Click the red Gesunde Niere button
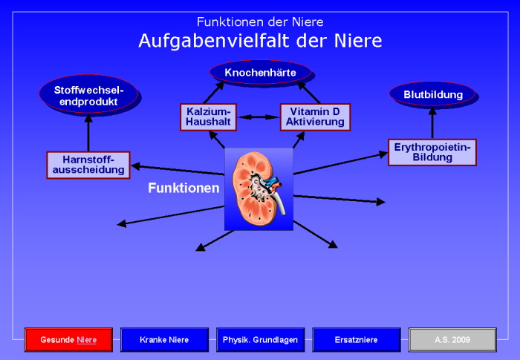click(68, 339)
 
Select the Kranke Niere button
click(164, 339)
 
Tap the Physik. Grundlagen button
click(260, 339)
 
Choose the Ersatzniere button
click(357, 339)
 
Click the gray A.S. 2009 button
click(452, 339)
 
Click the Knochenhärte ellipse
click(260, 72)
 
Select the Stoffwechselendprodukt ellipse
click(88, 95)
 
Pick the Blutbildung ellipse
click(433, 94)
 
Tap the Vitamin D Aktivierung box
click(314, 117)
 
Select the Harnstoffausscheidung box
click(88, 165)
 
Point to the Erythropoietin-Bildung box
click(432, 151)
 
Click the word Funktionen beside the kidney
click(183, 189)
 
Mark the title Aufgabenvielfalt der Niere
click(260, 40)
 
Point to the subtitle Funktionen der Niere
click(260, 22)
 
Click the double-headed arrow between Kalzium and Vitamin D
click(260, 117)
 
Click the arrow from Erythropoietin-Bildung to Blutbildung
click(432, 122)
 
